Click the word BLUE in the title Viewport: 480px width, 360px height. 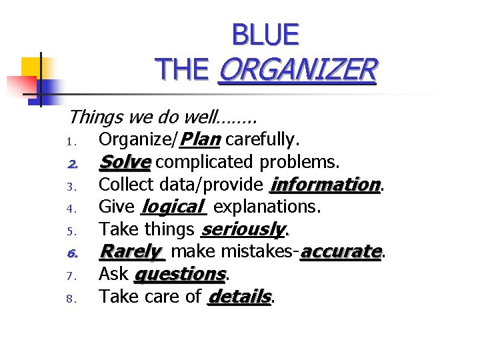pos(265,35)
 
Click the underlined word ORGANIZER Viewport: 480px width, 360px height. pos(297,69)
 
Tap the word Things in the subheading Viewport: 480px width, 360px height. pos(91,117)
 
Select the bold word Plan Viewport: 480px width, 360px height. pos(201,139)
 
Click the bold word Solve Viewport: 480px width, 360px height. pos(125,162)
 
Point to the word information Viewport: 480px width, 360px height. pos(325,184)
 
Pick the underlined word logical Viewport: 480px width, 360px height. pos(171,207)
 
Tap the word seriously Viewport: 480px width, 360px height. pos(242,229)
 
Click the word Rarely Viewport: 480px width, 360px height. pos(131,251)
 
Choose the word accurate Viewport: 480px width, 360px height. pos(341,251)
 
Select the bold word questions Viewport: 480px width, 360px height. pos(179,274)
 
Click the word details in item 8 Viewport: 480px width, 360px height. pos(239,297)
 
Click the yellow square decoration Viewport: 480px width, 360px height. pos(32,67)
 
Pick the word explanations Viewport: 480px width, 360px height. pos(267,207)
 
